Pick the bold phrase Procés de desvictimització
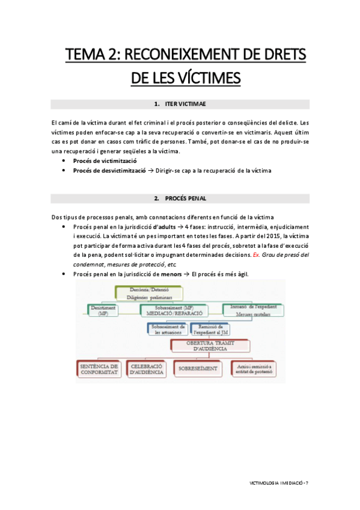point(109,170)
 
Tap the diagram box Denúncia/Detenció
point(148,292)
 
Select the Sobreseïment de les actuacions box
point(167,329)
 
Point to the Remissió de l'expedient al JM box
point(212,329)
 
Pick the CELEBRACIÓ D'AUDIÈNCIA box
point(147,368)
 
